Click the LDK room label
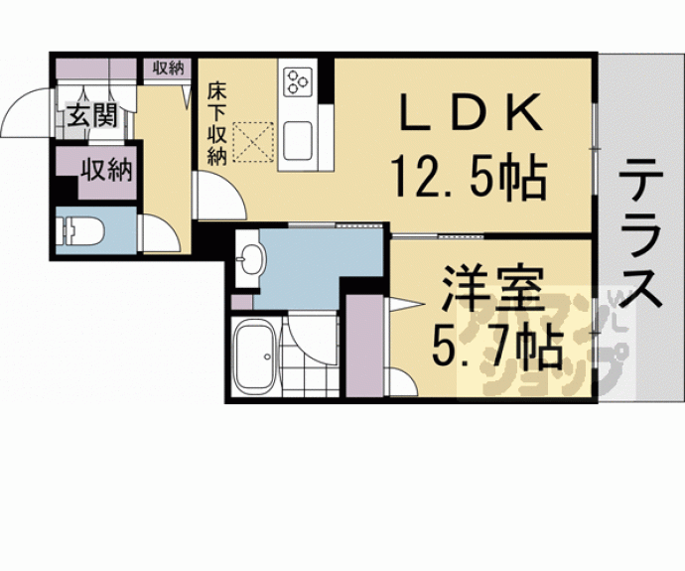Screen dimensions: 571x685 (x=473, y=113)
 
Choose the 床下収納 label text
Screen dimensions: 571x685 (x=217, y=121)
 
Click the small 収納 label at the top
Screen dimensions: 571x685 (x=168, y=68)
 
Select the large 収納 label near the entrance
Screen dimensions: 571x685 (x=106, y=170)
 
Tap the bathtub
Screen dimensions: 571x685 (x=255, y=357)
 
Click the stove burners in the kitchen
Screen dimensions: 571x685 (x=297, y=82)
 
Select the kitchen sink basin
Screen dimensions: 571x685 (x=299, y=139)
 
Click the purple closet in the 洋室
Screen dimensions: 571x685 (x=364, y=343)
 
